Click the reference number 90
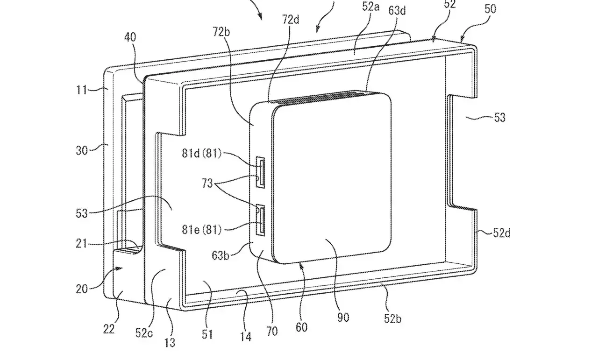click(x=343, y=318)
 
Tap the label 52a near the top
click(x=370, y=7)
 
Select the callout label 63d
click(x=397, y=10)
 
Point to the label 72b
click(x=221, y=32)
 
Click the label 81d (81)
click(x=202, y=153)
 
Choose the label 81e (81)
click(x=202, y=230)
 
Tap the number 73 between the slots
click(x=207, y=183)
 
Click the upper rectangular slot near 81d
click(x=260, y=172)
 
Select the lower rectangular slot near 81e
click(x=260, y=220)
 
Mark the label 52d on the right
click(x=502, y=233)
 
